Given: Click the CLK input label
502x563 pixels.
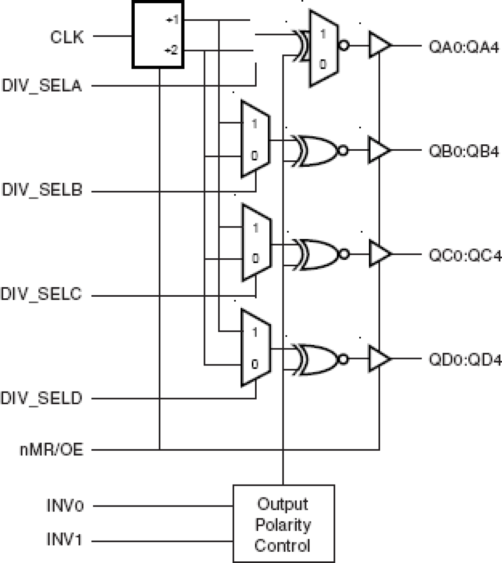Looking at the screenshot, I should pos(67,37).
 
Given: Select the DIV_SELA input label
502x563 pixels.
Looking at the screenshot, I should pos(42,86).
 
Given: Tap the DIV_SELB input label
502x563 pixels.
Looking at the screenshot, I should pos(42,190).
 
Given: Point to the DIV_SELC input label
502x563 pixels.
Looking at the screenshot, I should pos(41,294).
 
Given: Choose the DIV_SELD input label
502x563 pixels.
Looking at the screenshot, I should pos(41,398).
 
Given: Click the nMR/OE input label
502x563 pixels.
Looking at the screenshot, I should pos(52,450).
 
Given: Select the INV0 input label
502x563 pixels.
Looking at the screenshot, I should pos(65,506).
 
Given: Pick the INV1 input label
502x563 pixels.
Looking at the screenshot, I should pos(64,540).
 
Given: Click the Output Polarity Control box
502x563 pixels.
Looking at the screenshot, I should pos(283,524).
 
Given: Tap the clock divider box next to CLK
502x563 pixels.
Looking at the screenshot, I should pos(158,35).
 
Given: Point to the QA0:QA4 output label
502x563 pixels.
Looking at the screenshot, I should pos(464,47).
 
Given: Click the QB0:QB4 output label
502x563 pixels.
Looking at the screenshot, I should pos(464,151).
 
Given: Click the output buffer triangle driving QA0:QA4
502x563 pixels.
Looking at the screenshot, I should pos(378,45).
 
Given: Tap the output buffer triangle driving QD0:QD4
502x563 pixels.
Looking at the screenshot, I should pos(378,359).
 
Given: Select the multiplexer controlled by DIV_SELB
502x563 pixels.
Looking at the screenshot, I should pos(255,139).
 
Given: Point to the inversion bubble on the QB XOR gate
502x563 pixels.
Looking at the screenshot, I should pos(343,150).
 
